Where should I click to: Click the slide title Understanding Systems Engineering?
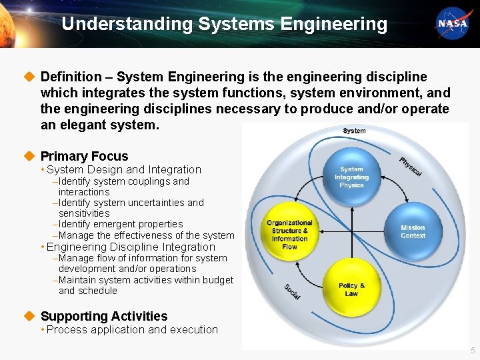click(x=224, y=24)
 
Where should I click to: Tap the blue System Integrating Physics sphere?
click(x=351, y=178)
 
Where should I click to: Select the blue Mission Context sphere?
click(x=412, y=231)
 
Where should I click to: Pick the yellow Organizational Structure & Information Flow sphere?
click(x=290, y=235)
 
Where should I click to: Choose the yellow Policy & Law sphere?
click(x=351, y=289)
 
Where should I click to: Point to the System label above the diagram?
click(x=354, y=131)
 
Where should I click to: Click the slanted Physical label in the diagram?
click(x=411, y=166)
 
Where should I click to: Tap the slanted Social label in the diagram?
click(x=291, y=291)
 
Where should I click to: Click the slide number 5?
click(x=473, y=351)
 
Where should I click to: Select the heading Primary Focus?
click(x=84, y=156)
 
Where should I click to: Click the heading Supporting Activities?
click(x=104, y=316)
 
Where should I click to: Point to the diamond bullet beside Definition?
click(x=28, y=77)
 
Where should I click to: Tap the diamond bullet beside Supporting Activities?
click(x=28, y=316)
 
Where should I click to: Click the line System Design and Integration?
click(x=124, y=170)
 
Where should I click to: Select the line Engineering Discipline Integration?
click(x=131, y=247)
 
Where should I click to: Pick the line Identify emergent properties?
click(x=121, y=224)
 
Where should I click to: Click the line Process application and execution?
click(x=132, y=329)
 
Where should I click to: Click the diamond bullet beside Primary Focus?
click(x=28, y=156)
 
